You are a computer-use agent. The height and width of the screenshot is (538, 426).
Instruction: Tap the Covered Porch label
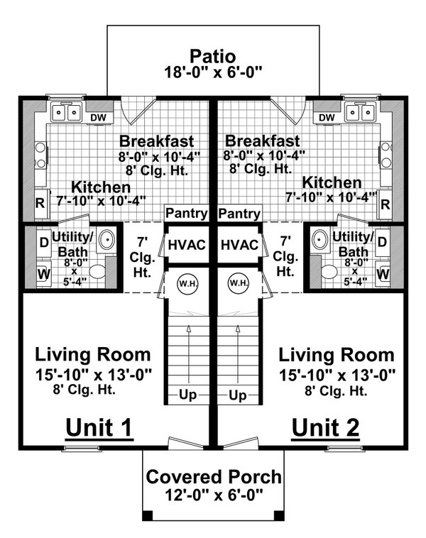[212, 477]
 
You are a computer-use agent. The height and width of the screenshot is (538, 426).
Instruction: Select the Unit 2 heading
[325, 427]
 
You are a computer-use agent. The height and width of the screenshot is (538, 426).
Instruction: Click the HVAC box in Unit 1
[187, 244]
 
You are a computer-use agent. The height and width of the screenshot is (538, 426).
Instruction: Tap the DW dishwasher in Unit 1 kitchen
[97, 117]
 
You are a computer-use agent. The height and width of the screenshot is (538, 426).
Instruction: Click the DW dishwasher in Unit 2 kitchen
[327, 117]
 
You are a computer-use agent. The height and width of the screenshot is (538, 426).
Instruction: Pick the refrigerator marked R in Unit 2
[386, 205]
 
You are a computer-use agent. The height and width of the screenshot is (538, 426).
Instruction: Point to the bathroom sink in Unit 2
[318, 240]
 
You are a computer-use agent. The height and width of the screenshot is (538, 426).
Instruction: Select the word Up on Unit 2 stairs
[239, 395]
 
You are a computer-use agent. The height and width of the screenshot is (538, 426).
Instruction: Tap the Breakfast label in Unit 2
[261, 141]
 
